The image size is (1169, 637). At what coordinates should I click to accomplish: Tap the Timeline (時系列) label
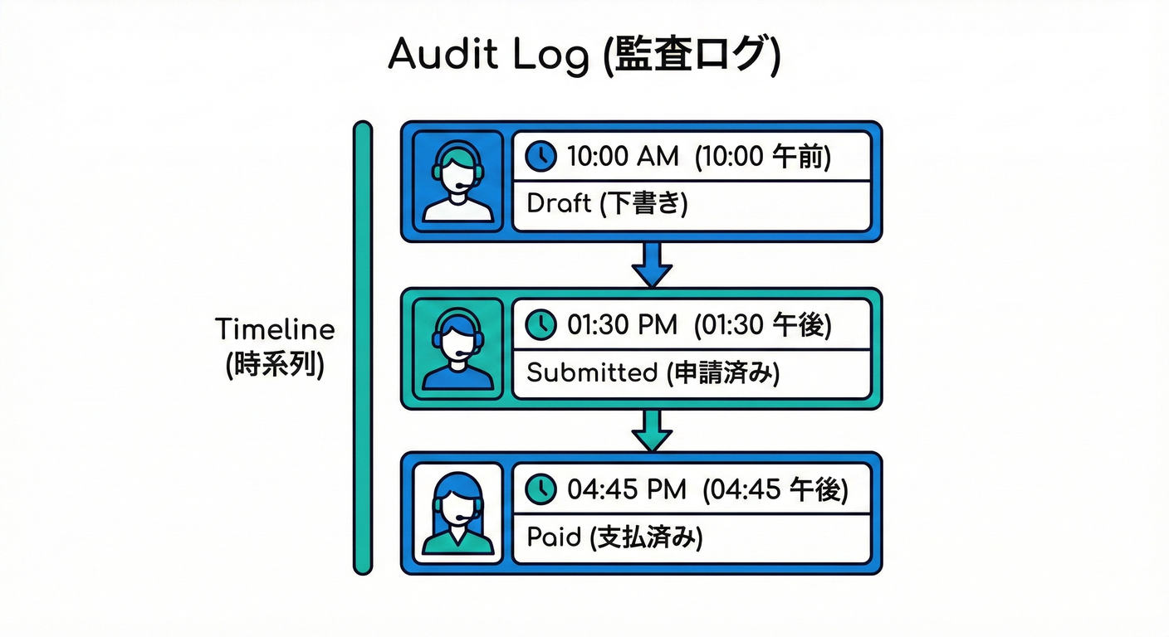[275, 347]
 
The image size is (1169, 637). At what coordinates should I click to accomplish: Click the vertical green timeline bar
[363, 348]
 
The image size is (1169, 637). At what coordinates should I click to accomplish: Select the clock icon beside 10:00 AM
[541, 156]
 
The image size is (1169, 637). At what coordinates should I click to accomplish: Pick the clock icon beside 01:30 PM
[541, 324]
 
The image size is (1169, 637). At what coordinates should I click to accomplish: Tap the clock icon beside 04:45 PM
[541, 489]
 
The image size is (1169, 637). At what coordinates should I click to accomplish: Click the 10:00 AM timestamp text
[622, 156]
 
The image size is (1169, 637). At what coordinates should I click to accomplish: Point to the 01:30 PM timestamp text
[623, 324]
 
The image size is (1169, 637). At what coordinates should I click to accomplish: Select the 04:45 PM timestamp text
[626, 489]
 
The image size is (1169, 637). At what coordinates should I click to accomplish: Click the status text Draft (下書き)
[607, 204]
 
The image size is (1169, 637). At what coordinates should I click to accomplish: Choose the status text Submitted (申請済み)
[653, 372]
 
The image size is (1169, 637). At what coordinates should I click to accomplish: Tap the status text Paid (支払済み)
[614, 537]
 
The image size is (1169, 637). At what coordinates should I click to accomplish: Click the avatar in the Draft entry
[457, 181]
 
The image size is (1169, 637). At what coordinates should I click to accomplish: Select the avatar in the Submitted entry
[457, 348]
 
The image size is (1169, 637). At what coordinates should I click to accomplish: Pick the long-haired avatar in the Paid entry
[457, 513]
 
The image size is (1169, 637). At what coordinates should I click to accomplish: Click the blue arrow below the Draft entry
[652, 264]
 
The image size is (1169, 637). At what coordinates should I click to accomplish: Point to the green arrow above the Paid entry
[652, 430]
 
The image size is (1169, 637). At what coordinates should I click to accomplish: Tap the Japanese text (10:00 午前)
[762, 156]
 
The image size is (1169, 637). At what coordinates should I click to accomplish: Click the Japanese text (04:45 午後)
[775, 489]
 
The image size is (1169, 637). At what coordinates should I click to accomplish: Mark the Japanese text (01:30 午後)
[762, 324]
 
